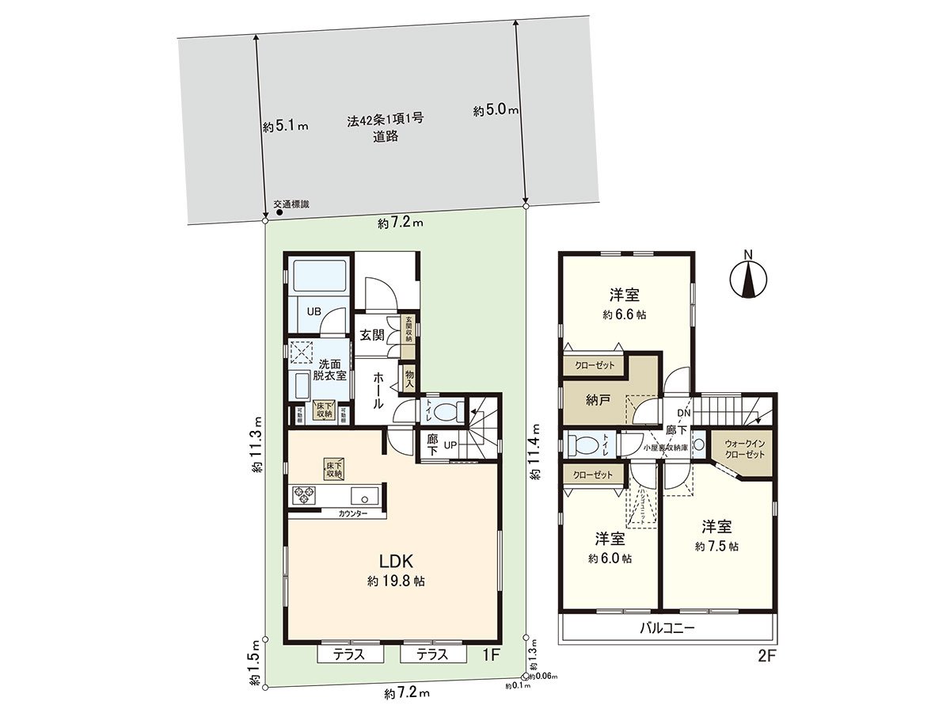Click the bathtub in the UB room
(x=317, y=278)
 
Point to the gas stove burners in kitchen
(x=304, y=496)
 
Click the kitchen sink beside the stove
(x=366, y=498)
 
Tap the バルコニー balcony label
(x=667, y=630)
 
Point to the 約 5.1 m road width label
(x=284, y=126)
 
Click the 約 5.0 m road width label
(x=495, y=112)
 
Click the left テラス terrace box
(x=350, y=654)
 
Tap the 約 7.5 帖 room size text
(x=716, y=547)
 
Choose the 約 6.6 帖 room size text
(x=624, y=314)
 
